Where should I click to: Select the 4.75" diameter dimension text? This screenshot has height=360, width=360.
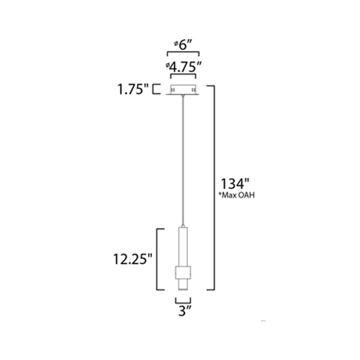(x=184, y=67)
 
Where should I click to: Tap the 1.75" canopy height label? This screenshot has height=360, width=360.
(x=133, y=89)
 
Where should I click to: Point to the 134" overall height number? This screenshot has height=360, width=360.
(x=235, y=184)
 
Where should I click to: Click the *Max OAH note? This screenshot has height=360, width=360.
(x=237, y=195)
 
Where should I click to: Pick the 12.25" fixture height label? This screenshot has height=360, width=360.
(x=133, y=259)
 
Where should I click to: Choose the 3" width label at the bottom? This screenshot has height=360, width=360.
(x=185, y=311)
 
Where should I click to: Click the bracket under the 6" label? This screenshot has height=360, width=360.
(x=183, y=53)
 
